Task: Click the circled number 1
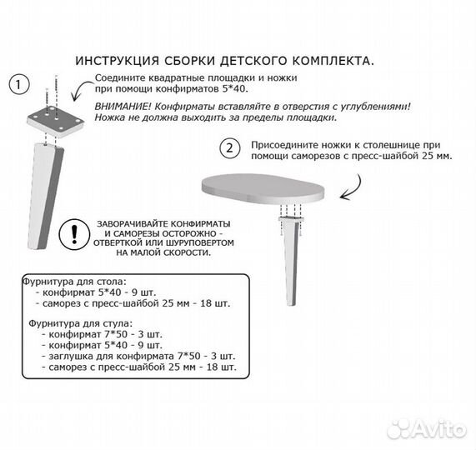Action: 18,83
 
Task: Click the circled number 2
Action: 226,148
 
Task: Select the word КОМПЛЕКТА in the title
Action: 328,61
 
